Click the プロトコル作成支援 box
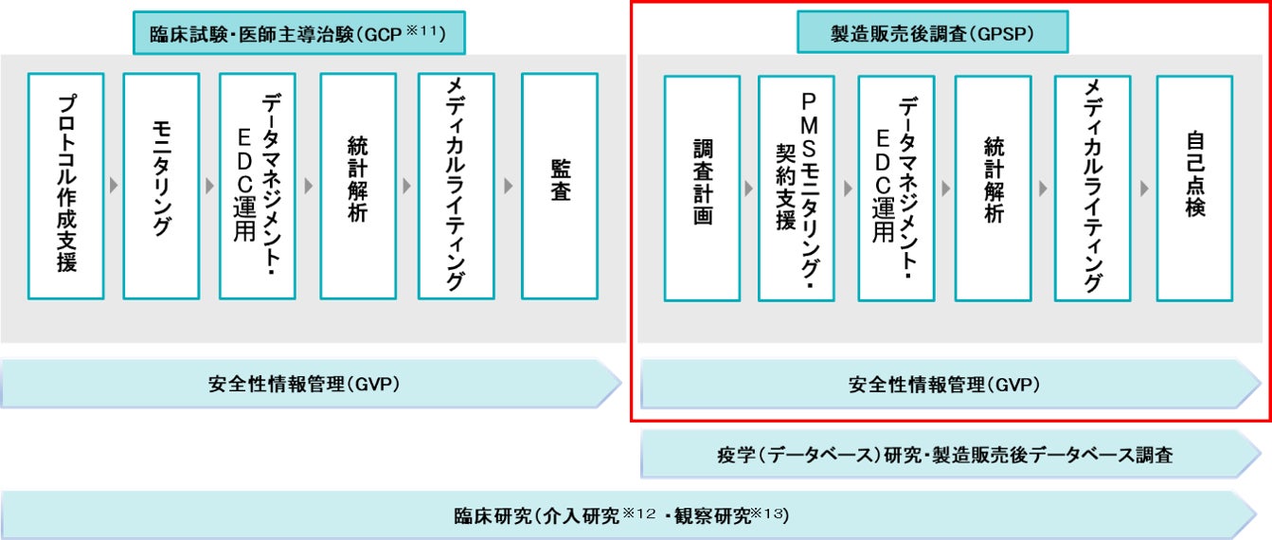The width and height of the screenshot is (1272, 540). coord(65,186)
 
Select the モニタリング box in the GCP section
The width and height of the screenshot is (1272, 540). coord(161,186)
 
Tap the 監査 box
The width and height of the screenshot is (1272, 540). coord(559,186)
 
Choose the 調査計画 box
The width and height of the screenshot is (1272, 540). coord(702,189)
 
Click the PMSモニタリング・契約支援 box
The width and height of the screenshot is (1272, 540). coord(796,189)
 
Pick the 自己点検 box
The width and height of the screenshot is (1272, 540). coord(1194,189)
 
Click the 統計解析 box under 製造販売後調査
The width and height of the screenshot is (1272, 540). coord(993,189)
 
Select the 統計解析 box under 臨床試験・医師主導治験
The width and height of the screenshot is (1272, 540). coord(358,186)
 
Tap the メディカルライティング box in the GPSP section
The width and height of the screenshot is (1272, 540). coord(1092,189)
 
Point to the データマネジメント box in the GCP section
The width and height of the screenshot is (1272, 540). coord(257,186)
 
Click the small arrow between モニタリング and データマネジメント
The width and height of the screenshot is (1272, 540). coord(209,186)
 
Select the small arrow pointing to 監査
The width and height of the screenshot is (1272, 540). coord(508,186)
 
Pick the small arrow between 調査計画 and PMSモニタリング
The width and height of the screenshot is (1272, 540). coord(749,189)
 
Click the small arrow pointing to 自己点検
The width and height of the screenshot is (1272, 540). coord(1144,189)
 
